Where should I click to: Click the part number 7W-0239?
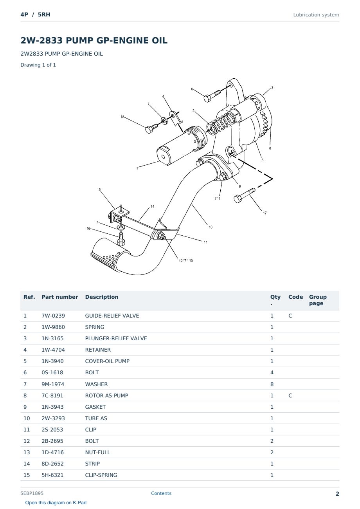[53, 316]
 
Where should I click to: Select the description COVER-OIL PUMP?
[107, 361]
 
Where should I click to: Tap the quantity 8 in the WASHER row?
[272, 384]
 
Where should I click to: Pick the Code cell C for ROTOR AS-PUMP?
[290, 395]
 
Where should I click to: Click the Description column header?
[102, 297]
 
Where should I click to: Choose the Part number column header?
[60, 297]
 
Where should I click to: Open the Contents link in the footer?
[161, 493]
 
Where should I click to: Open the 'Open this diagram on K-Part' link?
[56, 503]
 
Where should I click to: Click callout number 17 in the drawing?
[265, 213]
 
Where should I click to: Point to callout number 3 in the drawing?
[272, 87]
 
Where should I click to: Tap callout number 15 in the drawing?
[99, 190]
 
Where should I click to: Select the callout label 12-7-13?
[186, 261]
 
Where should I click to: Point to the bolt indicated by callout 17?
[245, 195]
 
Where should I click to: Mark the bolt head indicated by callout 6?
[207, 99]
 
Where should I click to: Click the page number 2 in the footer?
[337, 494]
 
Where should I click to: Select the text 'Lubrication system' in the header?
[316, 15]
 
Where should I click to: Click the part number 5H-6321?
[52, 475]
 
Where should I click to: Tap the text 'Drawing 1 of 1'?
[38, 65]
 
